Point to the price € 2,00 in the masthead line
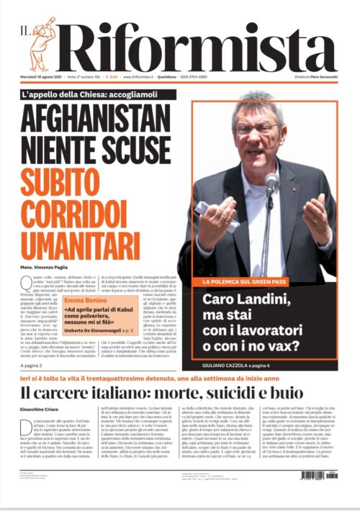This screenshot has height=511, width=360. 111,76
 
